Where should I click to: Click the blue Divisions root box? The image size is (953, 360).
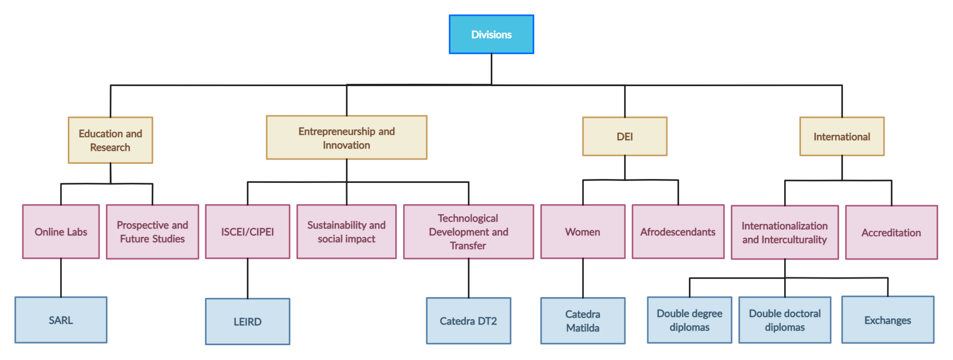click(491, 34)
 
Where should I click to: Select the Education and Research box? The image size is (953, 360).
click(110, 140)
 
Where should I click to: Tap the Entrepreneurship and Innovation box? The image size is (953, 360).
click(346, 138)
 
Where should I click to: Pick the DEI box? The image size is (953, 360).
click(624, 136)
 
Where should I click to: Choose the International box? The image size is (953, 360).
click(841, 136)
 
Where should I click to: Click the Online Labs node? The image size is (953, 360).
click(61, 232)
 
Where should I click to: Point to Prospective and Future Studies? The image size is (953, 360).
click(152, 232)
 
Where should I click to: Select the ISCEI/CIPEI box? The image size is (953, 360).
click(247, 232)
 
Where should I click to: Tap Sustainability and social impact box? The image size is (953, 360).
click(346, 232)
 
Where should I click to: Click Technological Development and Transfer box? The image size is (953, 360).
click(468, 232)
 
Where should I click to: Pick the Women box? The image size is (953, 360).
click(583, 232)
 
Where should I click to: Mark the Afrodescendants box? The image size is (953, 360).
click(678, 232)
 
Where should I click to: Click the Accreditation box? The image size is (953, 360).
click(891, 233)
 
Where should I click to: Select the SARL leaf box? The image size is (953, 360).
click(61, 320)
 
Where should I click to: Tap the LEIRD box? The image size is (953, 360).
click(247, 321)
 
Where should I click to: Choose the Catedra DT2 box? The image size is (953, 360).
click(468, 321)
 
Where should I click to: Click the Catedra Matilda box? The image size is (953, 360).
click(583, 321)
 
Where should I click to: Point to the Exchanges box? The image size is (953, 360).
click(887, 320)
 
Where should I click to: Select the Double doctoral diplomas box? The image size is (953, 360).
click(785, 320)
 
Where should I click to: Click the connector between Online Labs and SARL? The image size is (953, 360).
click(61, 278)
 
